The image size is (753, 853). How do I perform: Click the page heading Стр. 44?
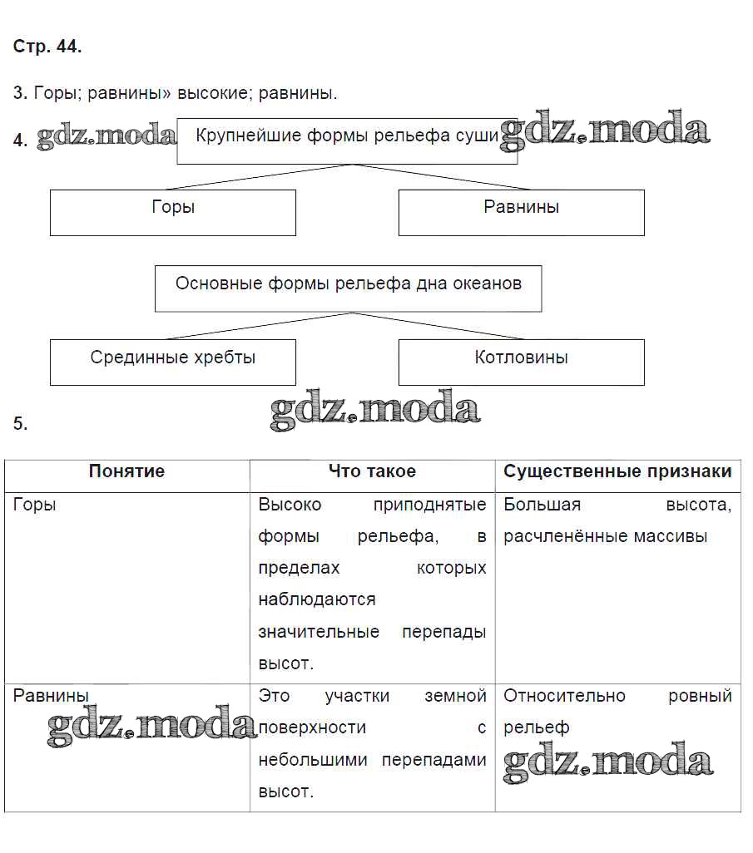click(x=47, y=47)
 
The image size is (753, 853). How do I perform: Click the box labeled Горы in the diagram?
click(x=173, y=212)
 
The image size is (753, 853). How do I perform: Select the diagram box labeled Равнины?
click(x=521, y=212)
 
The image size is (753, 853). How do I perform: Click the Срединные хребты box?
click(x=173, y=362)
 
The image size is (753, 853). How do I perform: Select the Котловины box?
click(x=521, y=362)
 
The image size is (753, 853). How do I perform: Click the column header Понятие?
click(x=126, y=472)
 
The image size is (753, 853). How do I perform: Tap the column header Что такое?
click(x=372, y=472)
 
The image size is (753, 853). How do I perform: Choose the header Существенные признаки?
click(x=617, y=472)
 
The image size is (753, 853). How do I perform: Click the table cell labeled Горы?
click(x=35, y=505)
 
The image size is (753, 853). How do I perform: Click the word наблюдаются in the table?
click(x=316, y=599)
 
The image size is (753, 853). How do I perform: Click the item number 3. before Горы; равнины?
click(x=20, y=93)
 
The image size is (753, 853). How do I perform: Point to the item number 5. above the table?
click(x=20, y=424)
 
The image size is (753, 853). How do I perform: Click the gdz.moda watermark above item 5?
click(x=375, y=410)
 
